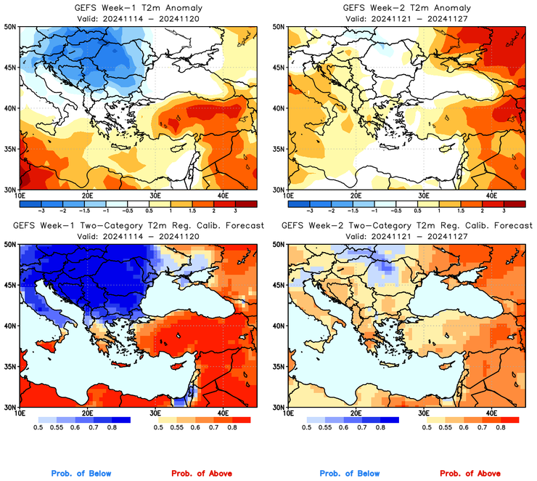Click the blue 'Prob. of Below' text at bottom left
point(81,474)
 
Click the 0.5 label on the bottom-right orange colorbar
point(427,428)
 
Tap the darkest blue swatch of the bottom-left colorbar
point(120,420)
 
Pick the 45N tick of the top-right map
point(278,68)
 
